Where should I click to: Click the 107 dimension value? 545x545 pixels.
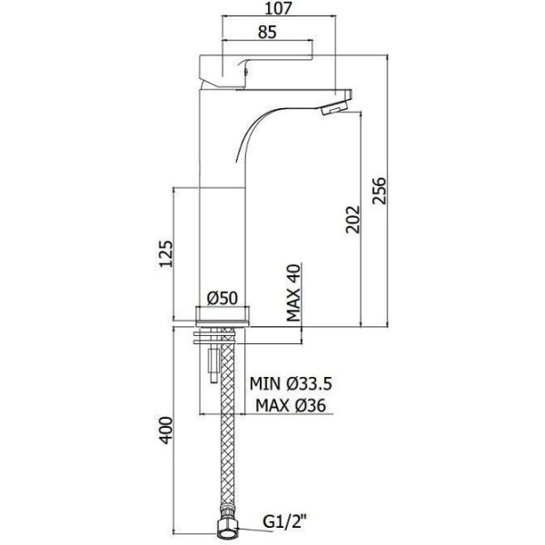279,8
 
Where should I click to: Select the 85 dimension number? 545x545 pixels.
267,32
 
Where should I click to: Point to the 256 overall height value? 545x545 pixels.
379,191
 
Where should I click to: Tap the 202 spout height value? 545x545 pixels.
352,219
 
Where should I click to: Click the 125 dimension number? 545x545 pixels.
166,253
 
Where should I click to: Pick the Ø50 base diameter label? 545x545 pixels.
223,298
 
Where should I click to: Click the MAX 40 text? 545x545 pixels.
293,292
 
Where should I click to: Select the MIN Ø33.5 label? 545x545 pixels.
291,383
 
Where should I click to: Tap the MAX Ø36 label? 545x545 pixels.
291,405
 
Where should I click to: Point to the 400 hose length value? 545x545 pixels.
166,431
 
